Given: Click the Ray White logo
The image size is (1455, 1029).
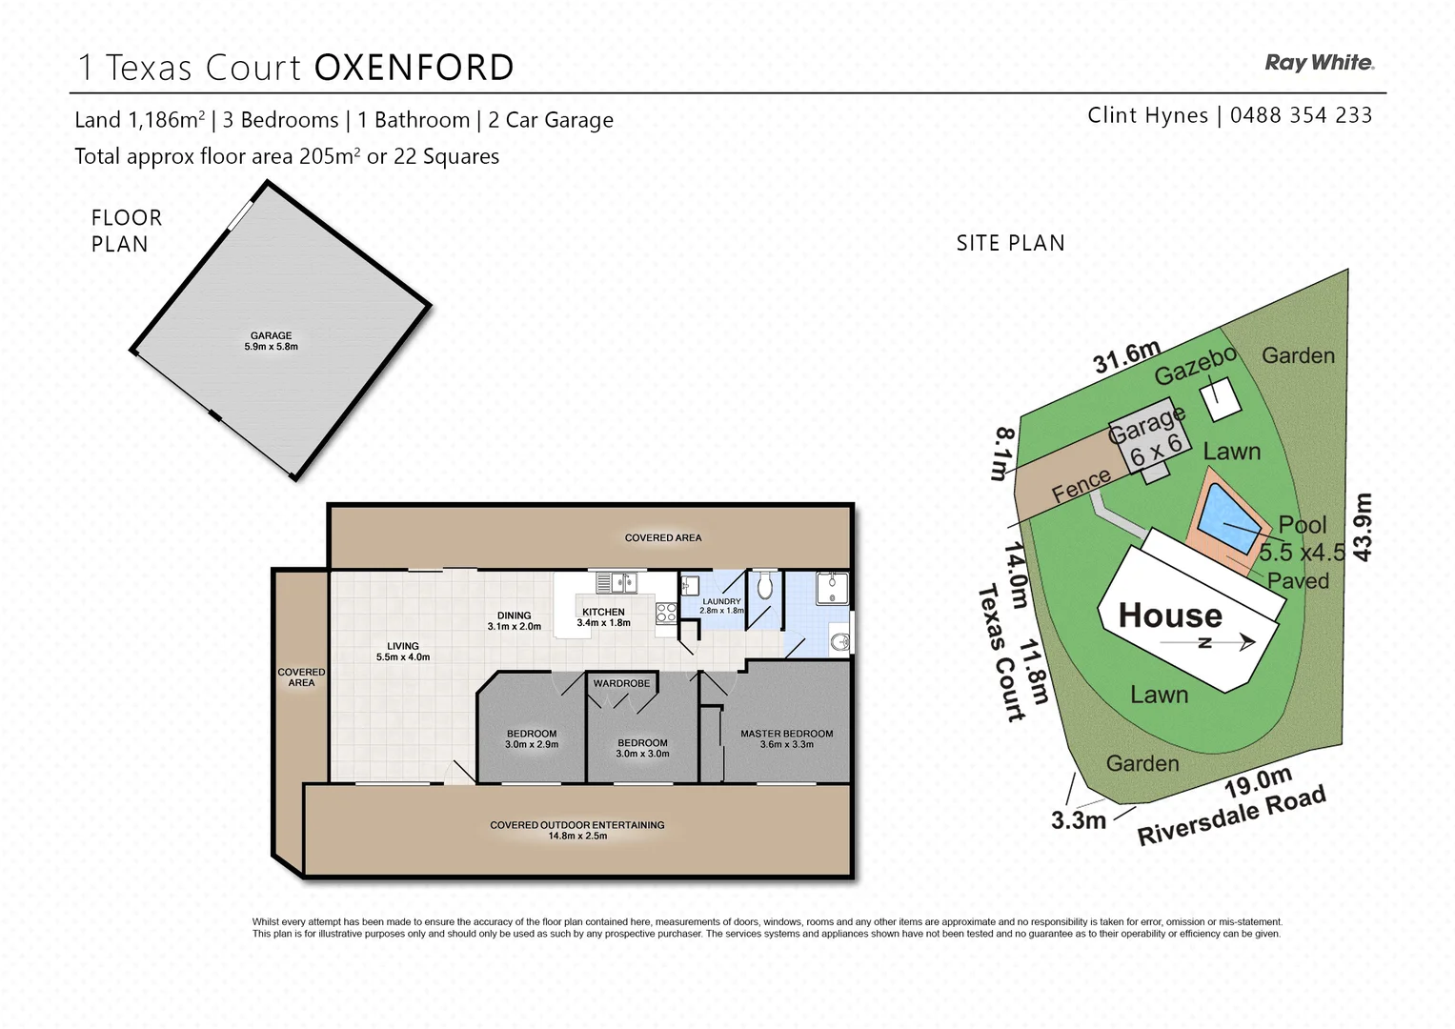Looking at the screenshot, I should (x=1319, y=63).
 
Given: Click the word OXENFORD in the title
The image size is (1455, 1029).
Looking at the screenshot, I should (x=414, y=69).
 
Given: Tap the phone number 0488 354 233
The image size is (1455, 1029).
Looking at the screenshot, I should (x=1301, y=115).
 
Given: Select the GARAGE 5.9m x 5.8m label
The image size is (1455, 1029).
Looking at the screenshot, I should (x=272, y=341).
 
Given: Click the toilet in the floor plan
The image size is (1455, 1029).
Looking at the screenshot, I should (x=764, y=587).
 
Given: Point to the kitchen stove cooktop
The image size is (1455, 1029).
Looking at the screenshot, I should (x=666, y=613).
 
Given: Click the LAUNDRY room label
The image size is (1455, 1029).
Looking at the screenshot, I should (x=721, y=605).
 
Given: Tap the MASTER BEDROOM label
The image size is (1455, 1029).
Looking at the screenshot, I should (x=786, y=738).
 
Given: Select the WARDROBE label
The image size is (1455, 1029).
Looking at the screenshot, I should (x=621, y=683).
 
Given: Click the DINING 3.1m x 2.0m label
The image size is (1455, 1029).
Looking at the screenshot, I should (x=515, y=621).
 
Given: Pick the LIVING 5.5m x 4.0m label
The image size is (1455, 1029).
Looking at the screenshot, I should (x=403, y=651).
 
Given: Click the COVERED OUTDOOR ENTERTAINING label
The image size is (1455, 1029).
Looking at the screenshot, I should (x=577, y=830).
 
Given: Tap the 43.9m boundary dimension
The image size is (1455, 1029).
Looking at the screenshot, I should (x=1363, y=527).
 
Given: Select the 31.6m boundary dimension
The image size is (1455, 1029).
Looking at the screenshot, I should (x=1126, y=357).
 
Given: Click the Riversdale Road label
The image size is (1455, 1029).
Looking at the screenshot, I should (x=1231, y=817).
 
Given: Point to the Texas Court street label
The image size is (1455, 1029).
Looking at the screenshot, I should (x=1000, y=652).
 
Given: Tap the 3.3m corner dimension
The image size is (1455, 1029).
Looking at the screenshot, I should (x=1079, y=819).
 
